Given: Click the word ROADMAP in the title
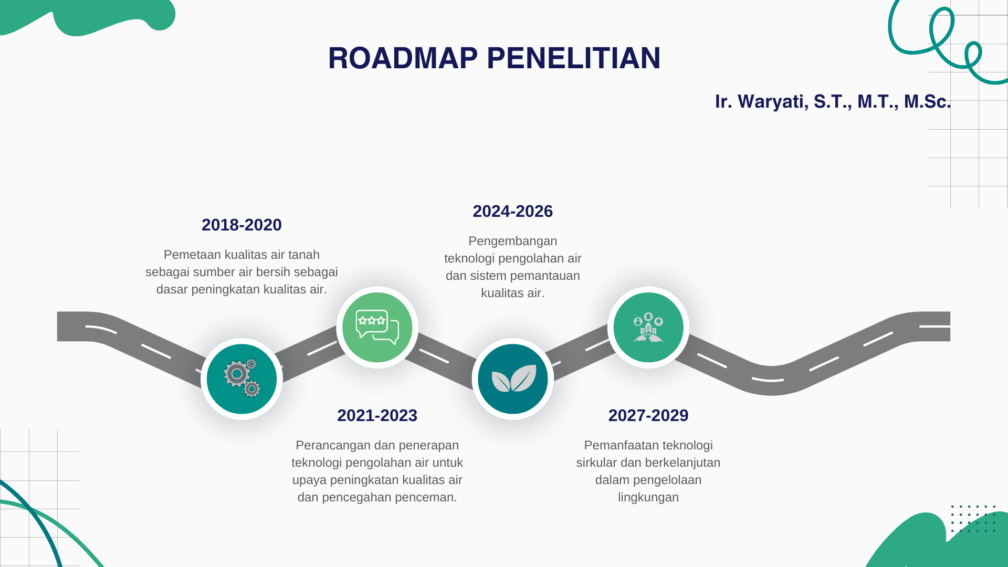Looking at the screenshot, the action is point(403,58).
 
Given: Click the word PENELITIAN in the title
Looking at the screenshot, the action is point(573,58).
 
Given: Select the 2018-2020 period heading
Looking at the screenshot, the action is point(241,225).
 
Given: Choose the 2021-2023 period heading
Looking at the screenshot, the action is point(377,415).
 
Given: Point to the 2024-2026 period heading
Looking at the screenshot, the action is point(512,211).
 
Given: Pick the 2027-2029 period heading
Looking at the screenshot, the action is point(648,415).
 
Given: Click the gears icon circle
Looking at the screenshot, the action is point(241,379).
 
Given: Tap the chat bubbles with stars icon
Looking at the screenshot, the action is point(377,327).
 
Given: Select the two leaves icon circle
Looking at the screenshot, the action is point(513,379).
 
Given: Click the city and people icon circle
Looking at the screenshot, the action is point(648,327).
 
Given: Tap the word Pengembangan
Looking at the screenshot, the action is point(513,241).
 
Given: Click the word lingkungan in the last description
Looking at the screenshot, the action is point(648,498).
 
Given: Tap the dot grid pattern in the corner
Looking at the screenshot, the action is point(973,519).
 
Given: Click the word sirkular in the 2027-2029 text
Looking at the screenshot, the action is point(596,463).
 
